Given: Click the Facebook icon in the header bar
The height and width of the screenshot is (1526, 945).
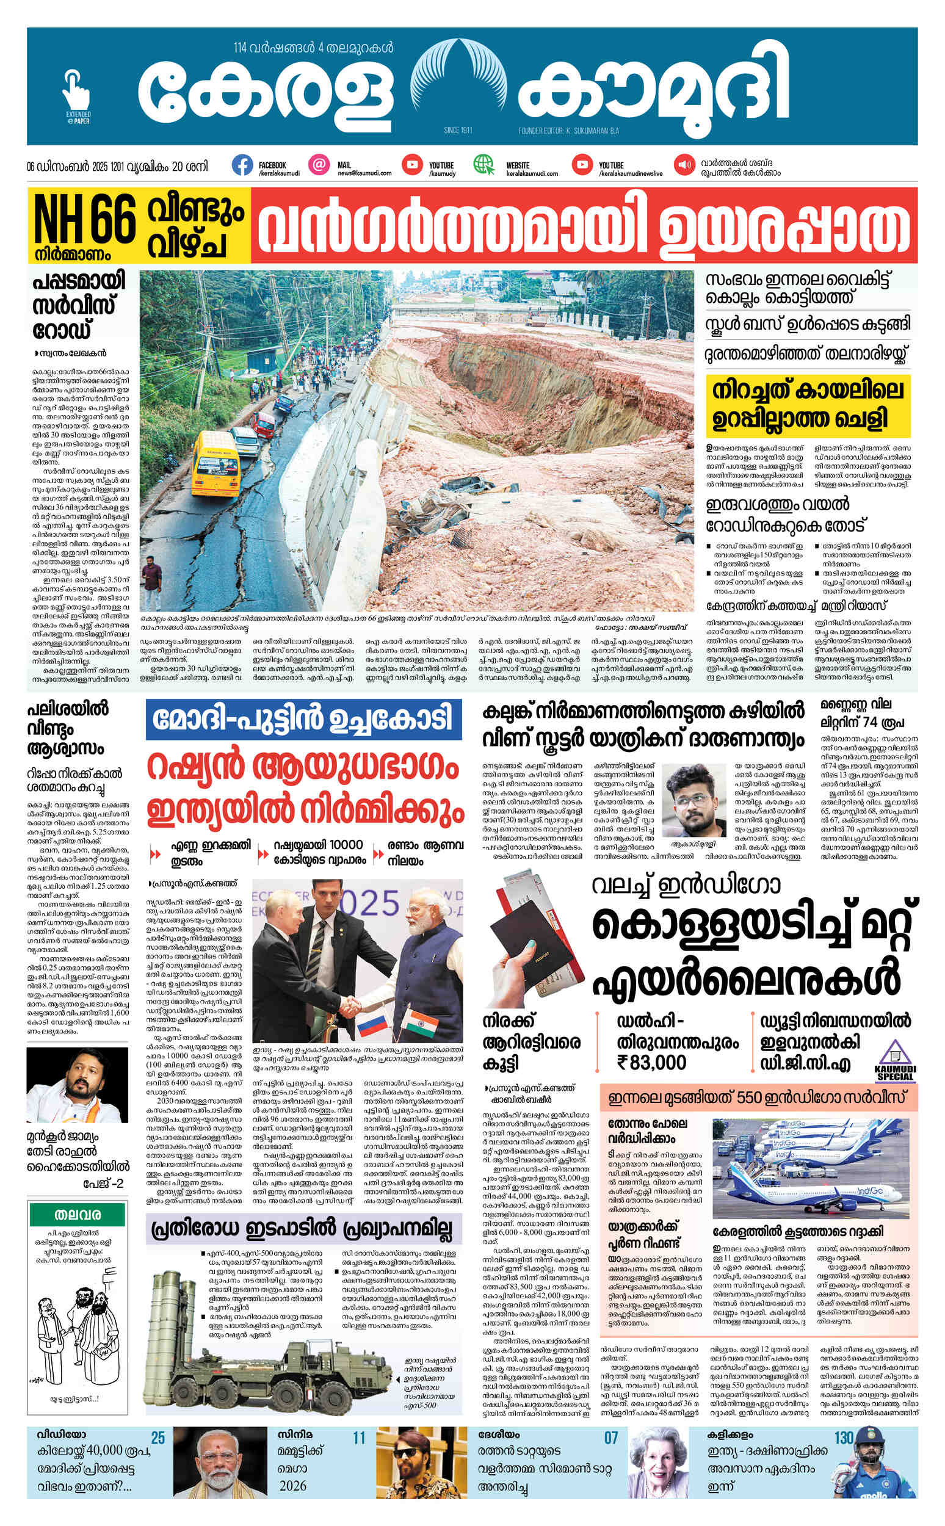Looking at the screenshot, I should (242, 165).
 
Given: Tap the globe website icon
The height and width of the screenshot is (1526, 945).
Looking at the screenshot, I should (483, 165).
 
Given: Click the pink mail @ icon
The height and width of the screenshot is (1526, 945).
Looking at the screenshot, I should (319, 165).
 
